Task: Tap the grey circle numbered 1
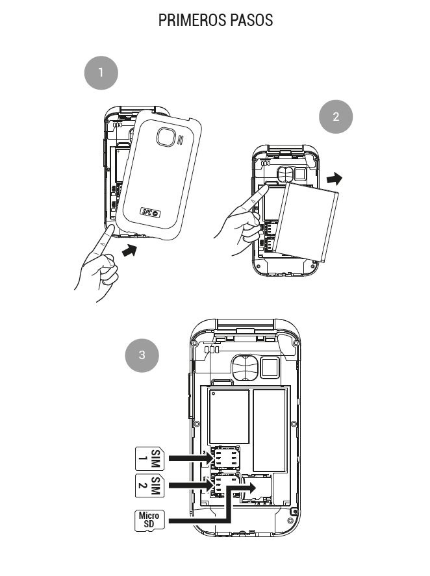pos(101,73)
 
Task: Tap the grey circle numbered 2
pos(336,117)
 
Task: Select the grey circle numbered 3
pos(142,355)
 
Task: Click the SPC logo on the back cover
pos(151,211)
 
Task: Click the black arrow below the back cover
pos(131,250)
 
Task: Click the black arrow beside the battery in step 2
pos(334,178)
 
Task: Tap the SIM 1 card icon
pos(150,458)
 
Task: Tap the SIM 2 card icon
pos(150,485)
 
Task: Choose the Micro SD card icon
pos(149,520)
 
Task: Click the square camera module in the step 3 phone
pos(269,367)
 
